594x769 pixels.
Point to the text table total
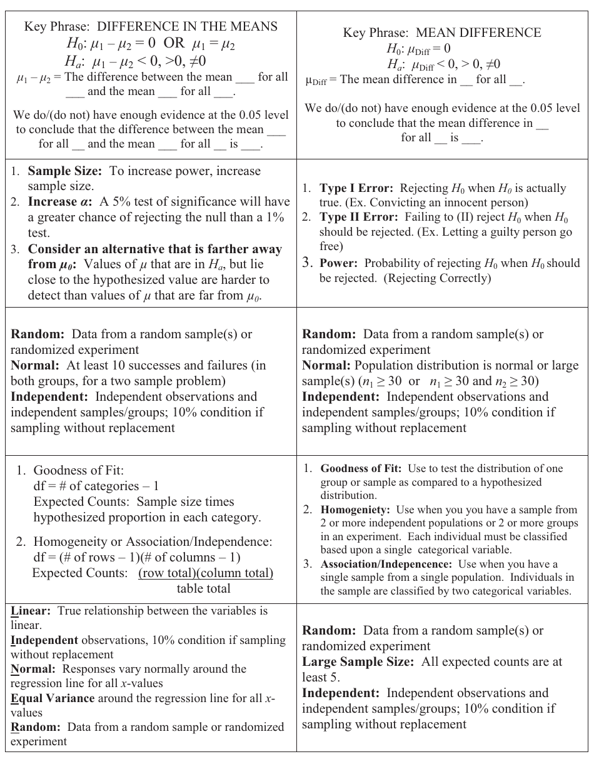coord(203,588)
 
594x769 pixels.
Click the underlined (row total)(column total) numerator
coord(206,573)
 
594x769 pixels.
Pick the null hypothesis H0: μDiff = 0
coord(419,49)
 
